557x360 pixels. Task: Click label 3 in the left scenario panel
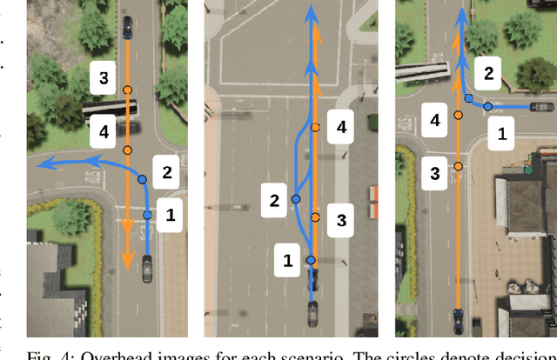point(104,79)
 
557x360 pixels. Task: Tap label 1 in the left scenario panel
point(171,215)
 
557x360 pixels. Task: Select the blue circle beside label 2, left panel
point(143,179)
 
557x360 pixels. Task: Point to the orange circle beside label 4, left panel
point(127,150)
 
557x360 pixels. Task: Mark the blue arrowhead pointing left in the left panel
point(38,163)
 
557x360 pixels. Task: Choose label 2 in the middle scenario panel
point(274,201)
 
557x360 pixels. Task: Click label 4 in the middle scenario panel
point(341,128)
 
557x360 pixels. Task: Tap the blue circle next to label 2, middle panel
point(296,199)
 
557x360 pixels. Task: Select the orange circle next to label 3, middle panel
point(316,217)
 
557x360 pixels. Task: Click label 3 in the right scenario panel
point(435,174)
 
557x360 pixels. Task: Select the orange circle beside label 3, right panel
point(458,164)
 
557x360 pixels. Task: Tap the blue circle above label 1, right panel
point(487,107)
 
